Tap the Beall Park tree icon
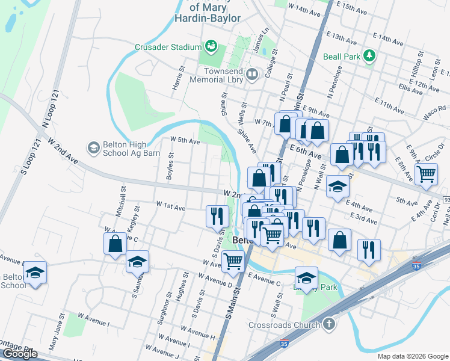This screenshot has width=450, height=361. click(369, 57)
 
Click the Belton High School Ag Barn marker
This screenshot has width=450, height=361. click(93, 147)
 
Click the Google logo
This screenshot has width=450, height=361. click(20, 354)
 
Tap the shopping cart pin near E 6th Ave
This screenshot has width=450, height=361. click(426, 174)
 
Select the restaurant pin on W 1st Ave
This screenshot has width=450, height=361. click(217, 215)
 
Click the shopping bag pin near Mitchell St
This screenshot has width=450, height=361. click(115, 244)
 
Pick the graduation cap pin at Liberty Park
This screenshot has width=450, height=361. click(306, 277)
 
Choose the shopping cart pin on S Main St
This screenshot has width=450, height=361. click(233, 261)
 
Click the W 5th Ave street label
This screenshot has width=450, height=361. click(185, 140)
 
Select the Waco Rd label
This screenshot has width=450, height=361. click(433, 113)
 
